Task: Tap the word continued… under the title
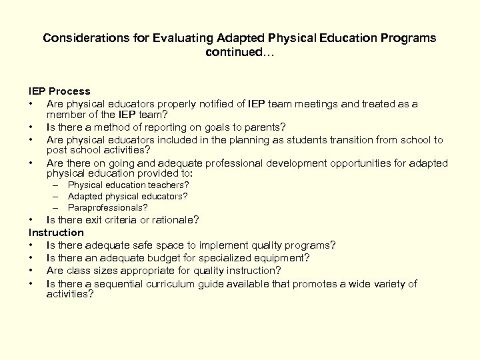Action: click(x=239, y=51)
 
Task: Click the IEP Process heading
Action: click(x=59, y=90)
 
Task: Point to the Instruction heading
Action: click(x=56, y=233)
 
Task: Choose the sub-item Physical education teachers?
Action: click(x=128, y=185)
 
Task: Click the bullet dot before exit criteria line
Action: click(x=31, y=219)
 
